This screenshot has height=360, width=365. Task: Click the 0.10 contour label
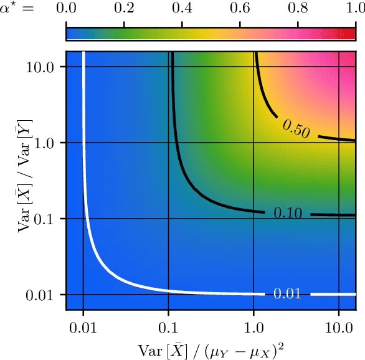pyautogui.click(x=288, y=214)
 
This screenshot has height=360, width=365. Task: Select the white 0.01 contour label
pyautogui.click(x=287, y=293)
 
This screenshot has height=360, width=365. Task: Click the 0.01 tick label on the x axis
pyautogui.click(x=83, y=327)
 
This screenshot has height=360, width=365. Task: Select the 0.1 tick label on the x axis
pyautogui.click(x=168, y=327)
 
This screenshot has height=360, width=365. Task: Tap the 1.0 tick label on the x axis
pyautogui.click(x=254, y=327)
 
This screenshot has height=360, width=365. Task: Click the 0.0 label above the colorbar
pyautogui.click(x=67, y=8)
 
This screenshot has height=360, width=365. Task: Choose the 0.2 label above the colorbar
pyautogui.click(x=125, y=8)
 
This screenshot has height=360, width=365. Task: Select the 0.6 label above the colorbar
pyautogui.click(x=240, y=8)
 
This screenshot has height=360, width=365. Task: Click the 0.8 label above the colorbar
pyautogui.click(x=298, y=8)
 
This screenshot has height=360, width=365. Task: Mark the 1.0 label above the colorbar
pyautogui.click(x=355, y=8)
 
